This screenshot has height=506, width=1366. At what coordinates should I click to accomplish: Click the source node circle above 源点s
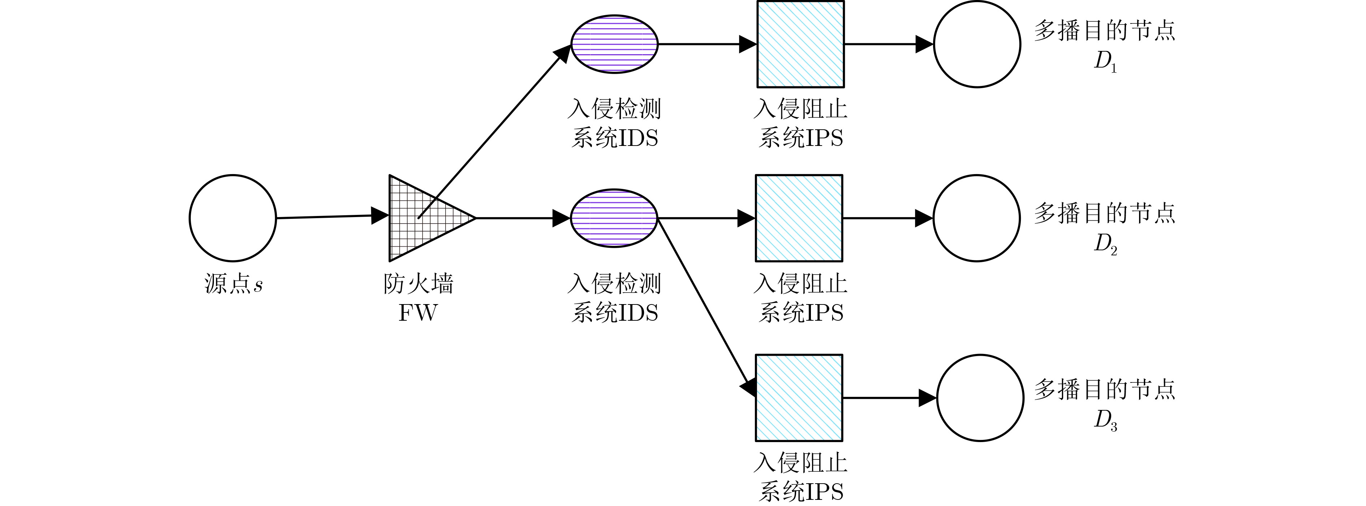233,218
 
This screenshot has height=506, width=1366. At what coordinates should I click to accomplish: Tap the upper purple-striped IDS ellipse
614,43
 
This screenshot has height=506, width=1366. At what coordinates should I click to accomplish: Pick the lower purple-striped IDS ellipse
614,218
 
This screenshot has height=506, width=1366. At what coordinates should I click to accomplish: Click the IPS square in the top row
800,44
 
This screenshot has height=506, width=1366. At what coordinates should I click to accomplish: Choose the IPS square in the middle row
799,218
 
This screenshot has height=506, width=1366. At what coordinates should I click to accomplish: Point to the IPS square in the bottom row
799,397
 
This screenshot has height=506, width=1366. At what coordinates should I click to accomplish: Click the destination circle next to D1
977,44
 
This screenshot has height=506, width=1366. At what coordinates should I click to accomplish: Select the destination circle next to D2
976,218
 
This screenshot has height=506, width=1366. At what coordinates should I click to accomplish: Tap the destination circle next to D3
980,397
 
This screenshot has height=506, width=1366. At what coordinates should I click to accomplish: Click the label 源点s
233,285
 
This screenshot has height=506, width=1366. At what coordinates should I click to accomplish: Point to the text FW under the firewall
418,313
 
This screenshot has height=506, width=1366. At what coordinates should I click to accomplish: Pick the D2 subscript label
1105,244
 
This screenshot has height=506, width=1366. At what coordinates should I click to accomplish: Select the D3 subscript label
1105,421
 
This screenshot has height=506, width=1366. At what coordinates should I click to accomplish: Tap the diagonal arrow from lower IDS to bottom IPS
705,307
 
